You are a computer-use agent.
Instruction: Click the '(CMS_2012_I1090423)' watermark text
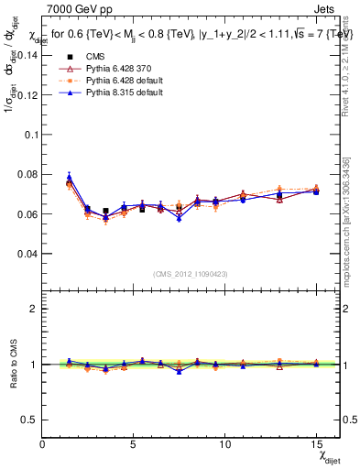pyautogui.click(x=191, y=273)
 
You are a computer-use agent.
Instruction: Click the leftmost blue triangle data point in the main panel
pyautogui.click(x=69, y=177)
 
